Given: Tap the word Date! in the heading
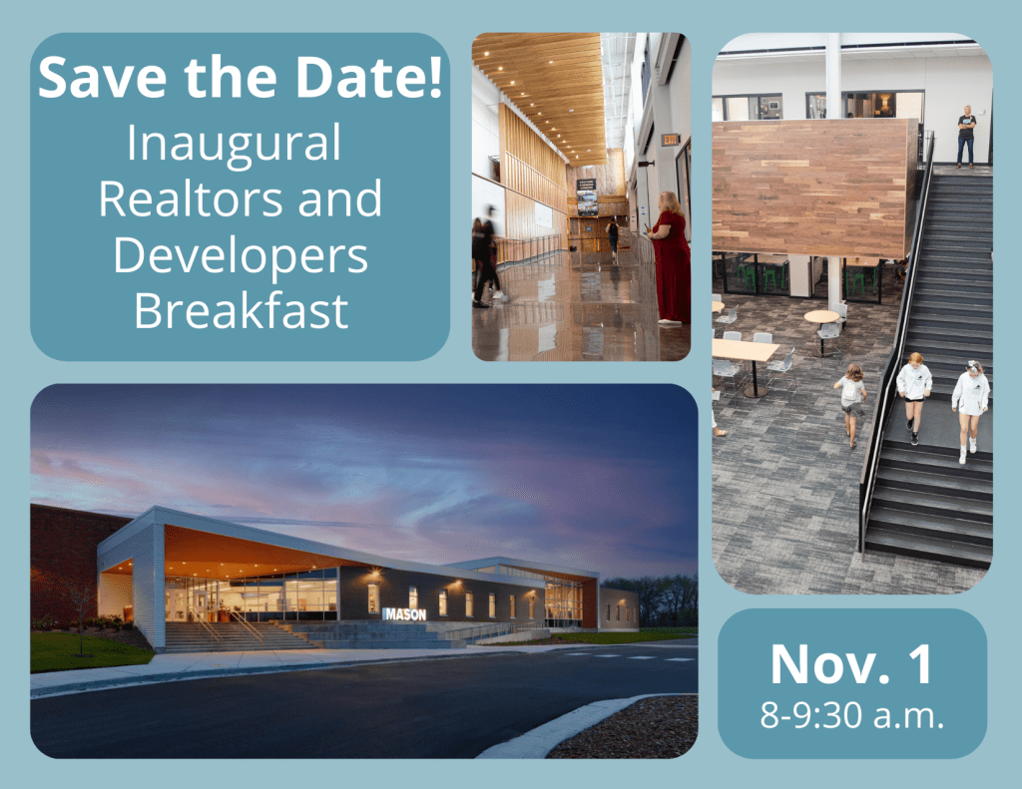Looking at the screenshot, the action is pos(369,77).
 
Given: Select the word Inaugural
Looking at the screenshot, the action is pos(234,145).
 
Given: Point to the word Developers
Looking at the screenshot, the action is pos(241,257).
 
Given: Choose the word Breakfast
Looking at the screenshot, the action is pos(241,311).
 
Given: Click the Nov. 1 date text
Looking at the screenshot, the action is pos(851,664).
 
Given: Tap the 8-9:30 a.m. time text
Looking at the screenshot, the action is pos(852,715).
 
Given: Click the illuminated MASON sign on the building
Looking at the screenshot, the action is pos(405,613).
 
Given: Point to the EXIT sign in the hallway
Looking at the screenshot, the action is pos(671,140).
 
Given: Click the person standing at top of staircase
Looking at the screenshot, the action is pos(966,137).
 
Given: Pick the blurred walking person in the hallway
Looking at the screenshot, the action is pos(487,255).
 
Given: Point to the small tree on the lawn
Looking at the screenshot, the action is pos(80,619).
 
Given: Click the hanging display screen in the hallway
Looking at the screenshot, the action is pos(586,197).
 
